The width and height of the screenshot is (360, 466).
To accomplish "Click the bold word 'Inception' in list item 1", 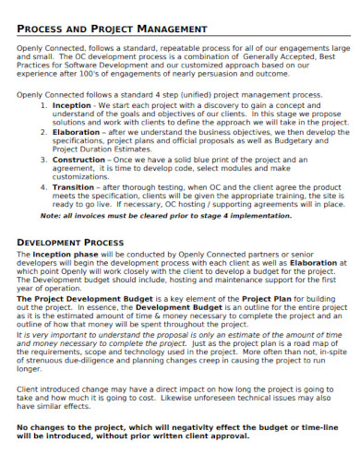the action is click(73, 106).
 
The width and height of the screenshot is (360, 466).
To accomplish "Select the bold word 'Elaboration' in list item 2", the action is click(78, 130).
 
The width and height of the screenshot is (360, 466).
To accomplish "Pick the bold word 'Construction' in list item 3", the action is click(80, 160).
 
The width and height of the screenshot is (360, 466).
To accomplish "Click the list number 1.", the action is click(44, 106).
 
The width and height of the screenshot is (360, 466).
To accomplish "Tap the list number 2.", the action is click(44, 130).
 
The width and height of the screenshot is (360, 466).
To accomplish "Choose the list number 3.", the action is click(44, 160).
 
